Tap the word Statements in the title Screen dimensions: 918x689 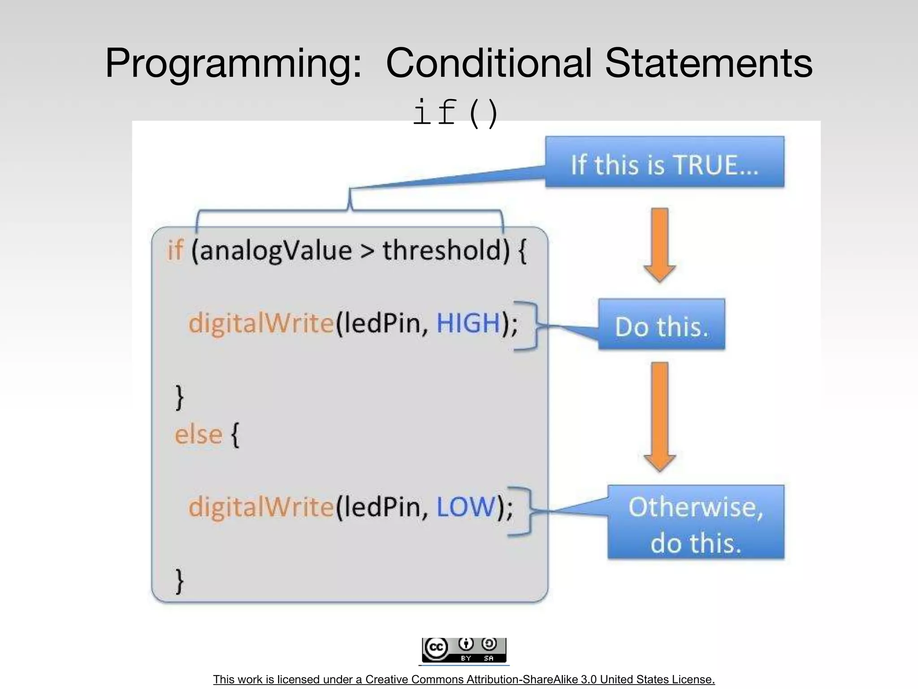[x=708, y=63]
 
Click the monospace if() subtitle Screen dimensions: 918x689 [x=455, y=113]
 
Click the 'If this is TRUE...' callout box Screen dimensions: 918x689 [x=664, y=162]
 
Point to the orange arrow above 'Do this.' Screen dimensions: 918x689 [x=659, y=244]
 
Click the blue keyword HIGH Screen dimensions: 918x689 [x=468, y=323]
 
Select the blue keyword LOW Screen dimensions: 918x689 [x=466, y=507]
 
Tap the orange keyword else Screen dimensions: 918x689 [x=198, y=435]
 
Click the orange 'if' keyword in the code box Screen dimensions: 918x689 [x=175, y=250]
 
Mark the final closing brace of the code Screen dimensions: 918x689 [x=179, y=581]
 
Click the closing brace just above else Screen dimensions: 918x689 [x=179, y=397]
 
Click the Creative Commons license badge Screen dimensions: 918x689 [x=463, y=650]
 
